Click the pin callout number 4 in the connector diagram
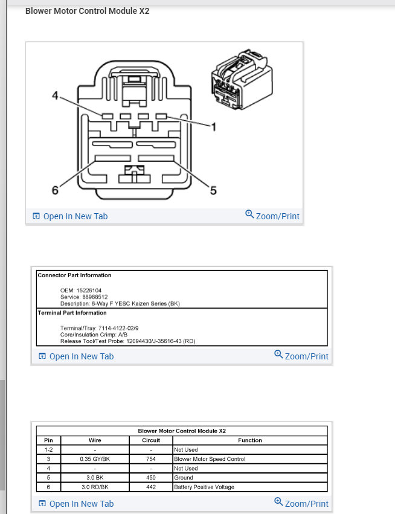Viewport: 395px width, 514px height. (x=54, y=96)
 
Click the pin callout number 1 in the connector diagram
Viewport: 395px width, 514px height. (x=213, y=126)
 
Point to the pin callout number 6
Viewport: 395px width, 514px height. (x=55, y=190)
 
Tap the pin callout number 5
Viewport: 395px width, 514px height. (x=213, y=191)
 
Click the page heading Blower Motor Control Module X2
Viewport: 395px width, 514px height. (x=87, y=11)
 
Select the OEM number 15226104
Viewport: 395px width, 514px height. (x=89, y=291)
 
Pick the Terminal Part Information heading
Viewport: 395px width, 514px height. (x=72, y=313)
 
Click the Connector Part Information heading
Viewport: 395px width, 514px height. (x=74, y=275)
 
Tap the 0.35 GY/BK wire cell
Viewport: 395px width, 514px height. (x=95, y=459)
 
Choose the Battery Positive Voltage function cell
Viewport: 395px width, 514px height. (x=204, y=487)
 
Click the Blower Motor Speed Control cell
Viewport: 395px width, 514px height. (x=210, y=459)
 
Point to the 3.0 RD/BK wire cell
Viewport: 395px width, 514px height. (x=95, y=487)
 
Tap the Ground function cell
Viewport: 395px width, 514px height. (x=184, y=478)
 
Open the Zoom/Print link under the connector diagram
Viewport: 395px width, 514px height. (x=272, y=216)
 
